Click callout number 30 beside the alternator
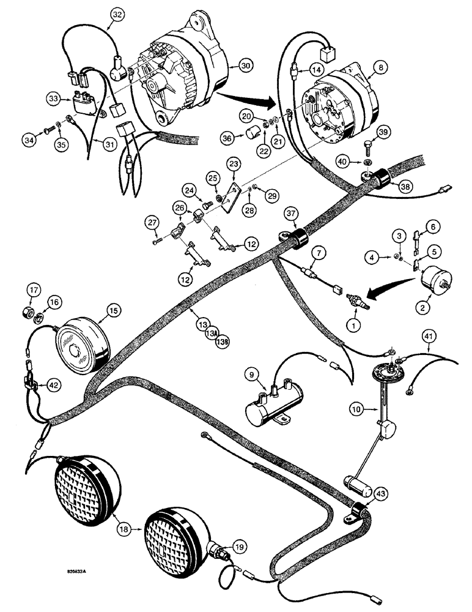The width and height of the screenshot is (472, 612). point(245,65)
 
